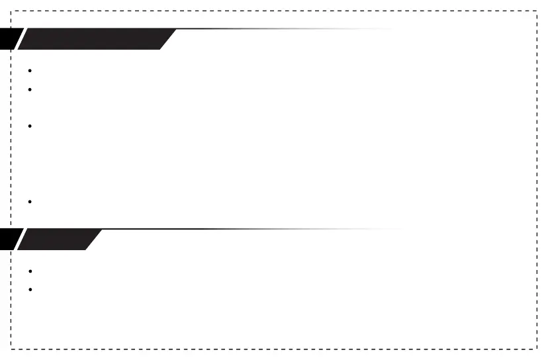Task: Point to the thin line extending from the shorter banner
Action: point(251,230)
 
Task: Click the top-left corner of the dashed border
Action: point(11,11)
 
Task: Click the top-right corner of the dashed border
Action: point(536,11)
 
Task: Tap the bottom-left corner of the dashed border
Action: point(11,348)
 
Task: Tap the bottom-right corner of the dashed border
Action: point(536,348)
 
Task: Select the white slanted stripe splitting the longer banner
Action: point(20,39)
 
